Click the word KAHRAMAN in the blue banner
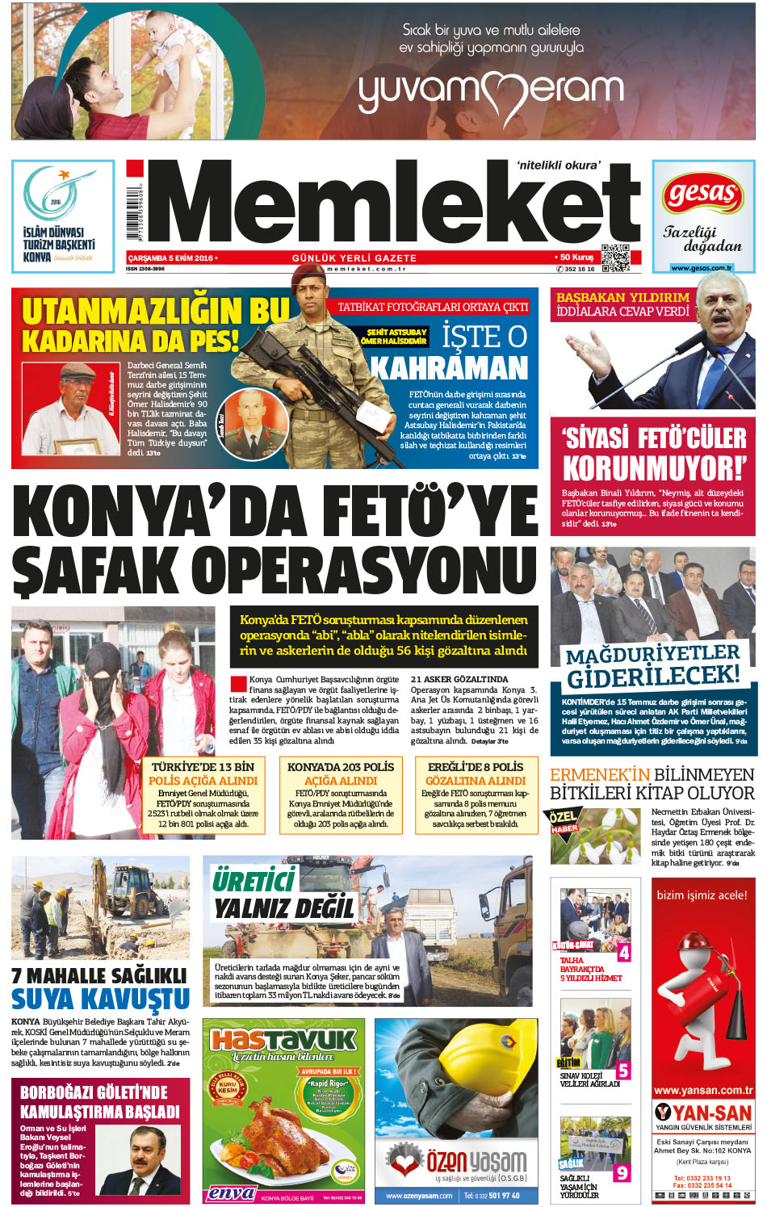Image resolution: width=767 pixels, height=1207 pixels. pyautogui.click(x=449, y=369)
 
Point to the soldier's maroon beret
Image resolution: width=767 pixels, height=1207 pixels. pyautogui.click(x=310, y=275)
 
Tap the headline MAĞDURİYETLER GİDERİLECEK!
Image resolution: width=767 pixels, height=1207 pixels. pyautogui.click(x=652, y=664)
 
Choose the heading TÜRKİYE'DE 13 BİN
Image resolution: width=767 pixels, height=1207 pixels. pyautogui.click(x=203, y=767)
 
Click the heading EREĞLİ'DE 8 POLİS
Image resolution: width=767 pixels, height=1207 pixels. pyautogui.click(x=476, y=767)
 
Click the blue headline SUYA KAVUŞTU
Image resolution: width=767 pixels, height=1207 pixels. pyautogui.click(x=100, y=1000)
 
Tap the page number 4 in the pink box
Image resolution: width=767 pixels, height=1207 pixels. pyautogui.click(x=623, y=953)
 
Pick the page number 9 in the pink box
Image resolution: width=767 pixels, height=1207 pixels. pyautogui.click(x=622, y=1172)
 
